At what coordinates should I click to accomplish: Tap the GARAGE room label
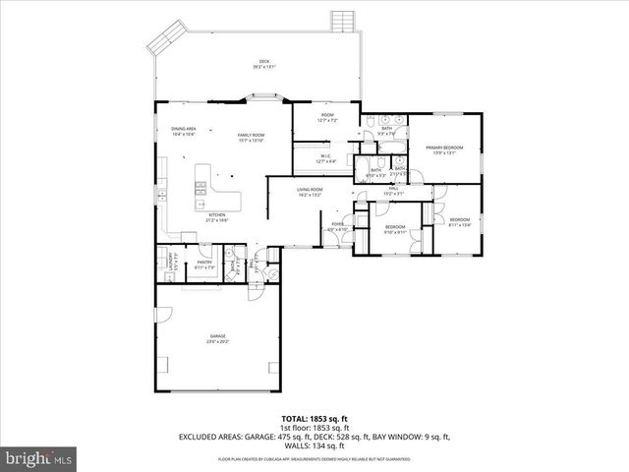point(217,336)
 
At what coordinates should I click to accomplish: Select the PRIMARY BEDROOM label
point(443,147)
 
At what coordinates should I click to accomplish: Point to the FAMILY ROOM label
point(252,135)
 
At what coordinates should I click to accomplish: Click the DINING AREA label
point(184,129)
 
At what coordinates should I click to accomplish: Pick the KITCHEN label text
point(217,214)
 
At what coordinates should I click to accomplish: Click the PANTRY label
point(204,262)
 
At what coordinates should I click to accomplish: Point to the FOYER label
point(337,225)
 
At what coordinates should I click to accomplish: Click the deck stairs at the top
point(343,21)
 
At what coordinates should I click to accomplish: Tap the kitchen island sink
point(200,185)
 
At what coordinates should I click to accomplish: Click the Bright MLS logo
point(39,458)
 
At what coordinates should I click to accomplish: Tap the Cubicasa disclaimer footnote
point(314,459)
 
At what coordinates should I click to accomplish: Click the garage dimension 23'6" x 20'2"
point(217,342)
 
